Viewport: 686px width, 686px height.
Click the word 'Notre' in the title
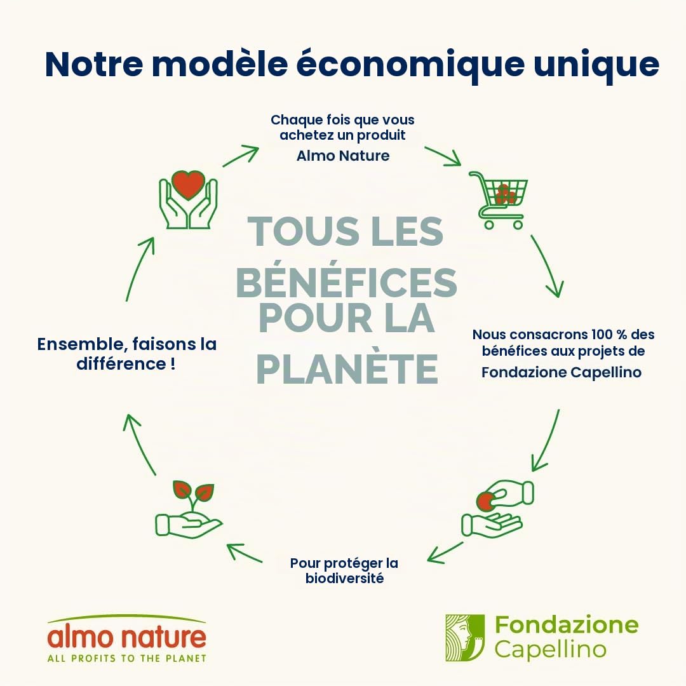click(94, 64)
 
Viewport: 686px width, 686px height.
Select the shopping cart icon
click(499, 200)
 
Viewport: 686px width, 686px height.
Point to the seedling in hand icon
click(189, 509)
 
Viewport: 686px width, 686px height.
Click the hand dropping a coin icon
click(498, 508)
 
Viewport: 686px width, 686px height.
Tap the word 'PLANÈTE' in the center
click(347, 369)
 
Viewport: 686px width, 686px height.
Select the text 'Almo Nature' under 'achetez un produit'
click(343, 156)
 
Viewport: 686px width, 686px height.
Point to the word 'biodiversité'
click(344, 579)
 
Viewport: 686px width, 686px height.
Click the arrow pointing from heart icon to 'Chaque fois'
click(241, 156)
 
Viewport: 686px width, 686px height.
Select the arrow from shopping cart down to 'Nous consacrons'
click(548, 266)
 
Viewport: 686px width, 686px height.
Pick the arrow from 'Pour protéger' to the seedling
click(245, 553)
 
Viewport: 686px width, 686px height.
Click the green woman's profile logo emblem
click(465, 638)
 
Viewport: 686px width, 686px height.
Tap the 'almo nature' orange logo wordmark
click(126, 638)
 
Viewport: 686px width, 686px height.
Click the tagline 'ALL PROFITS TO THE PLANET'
click(127, 659)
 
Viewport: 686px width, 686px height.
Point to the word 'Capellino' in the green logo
click(551, 649)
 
